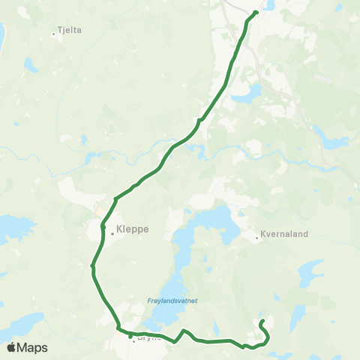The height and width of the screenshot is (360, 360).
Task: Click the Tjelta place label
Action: pyautogui.click(x=69, y=31)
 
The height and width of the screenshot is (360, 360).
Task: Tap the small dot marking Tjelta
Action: pyautogui.click(x=54, y=33)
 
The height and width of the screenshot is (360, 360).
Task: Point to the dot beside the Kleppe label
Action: pyautogui.click(x=112, y=233)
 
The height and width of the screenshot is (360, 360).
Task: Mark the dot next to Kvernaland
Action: pyautogui.click(x=256, y=238)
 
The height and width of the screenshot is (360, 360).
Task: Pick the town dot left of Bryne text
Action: pyautogui.click(x=133, y=341)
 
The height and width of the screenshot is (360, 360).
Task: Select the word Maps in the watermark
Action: pyautogui.click(x=33, y=347)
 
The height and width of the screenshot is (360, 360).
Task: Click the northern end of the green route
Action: pyautogui.click(x=256, y=12)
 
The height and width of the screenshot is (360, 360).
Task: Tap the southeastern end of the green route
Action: pyautogui.click(x=262, y=322)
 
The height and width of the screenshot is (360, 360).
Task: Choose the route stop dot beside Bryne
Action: pyautogui.click(x=130, y=335)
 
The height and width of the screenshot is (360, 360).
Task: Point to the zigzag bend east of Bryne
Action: pyautogui.click(x=184, y=331)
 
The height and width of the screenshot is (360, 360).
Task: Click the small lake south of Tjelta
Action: pyautogui.click(x=31, y=66)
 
